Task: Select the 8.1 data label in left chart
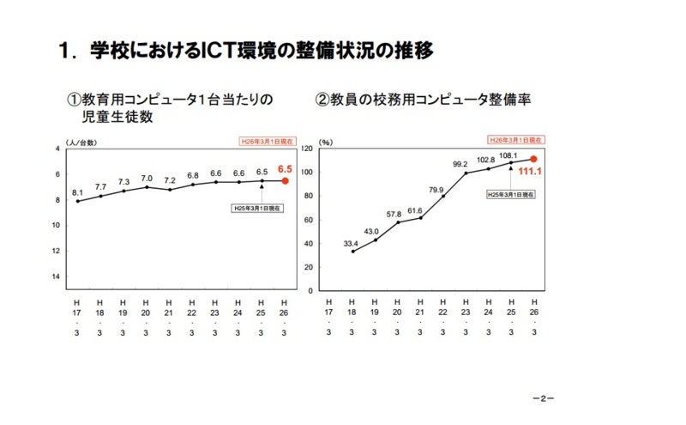point(77,191)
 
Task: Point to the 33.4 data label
point(351,243)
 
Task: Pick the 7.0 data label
point(147,178)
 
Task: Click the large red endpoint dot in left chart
point(286,180)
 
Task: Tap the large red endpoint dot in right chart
point(533,159)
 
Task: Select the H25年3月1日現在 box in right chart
point(510,195)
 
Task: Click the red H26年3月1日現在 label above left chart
point(264,141)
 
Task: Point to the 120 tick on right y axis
point(310,149)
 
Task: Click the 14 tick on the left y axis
point(57,276)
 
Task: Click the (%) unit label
point(326,142)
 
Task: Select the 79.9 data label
point(442,189)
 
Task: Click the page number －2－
point(544,399)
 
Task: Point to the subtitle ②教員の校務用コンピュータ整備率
point(424,100)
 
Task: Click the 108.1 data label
point(511,155)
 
